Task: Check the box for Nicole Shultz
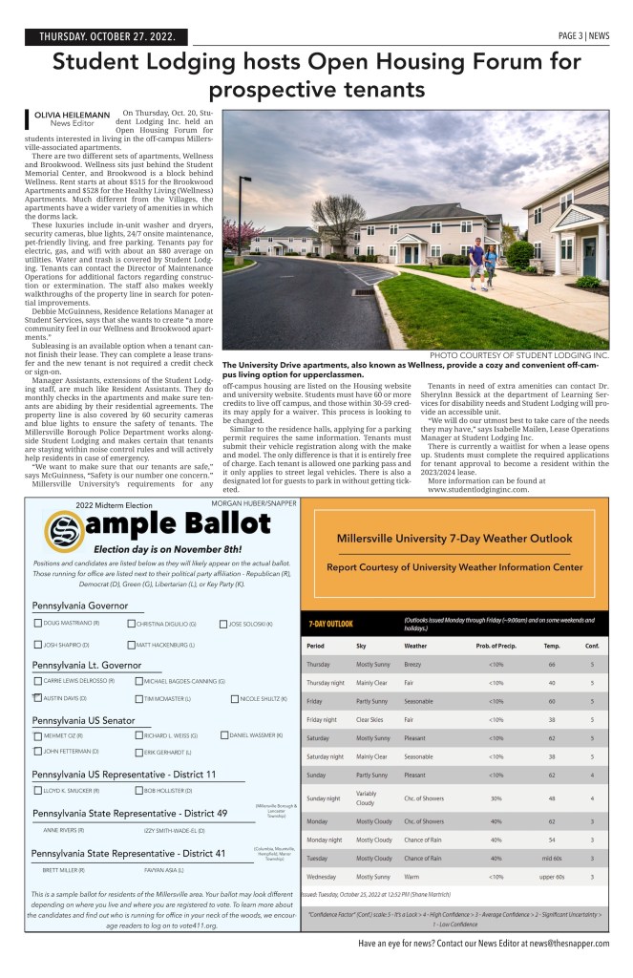tap(236, 699)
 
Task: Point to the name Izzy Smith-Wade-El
tap(176, 831)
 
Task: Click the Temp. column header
tap(551, 647)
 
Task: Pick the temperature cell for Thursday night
tap(551, 683)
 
